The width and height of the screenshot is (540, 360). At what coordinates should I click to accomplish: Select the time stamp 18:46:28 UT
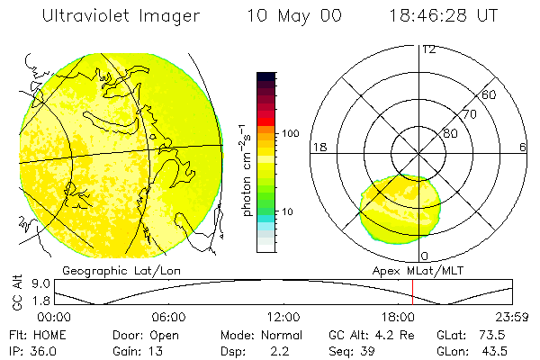(444, 16)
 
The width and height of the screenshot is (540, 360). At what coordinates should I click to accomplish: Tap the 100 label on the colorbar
(291, 133)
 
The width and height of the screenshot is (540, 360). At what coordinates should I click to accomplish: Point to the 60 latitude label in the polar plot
(489, 94)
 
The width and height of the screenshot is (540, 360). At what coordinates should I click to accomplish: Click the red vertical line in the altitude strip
(412, 292)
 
